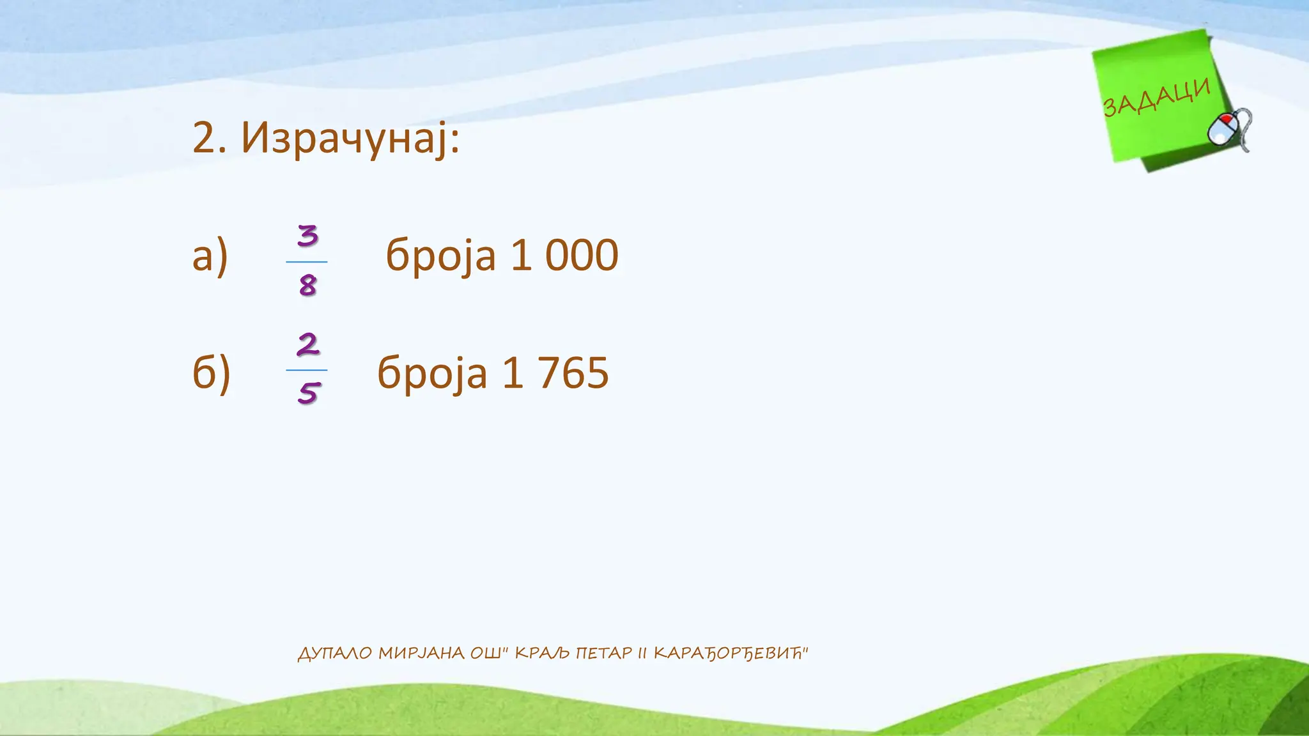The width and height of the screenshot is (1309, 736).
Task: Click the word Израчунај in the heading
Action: click(x=350, y=138)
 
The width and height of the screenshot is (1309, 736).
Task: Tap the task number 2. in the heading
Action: click(x=209, y=138)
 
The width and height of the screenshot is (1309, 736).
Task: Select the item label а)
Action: click(x=210, y=256)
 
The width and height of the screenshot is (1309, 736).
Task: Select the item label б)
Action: click(x=211, y=373)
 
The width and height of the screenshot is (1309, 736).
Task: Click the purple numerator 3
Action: click(x=307, y=236)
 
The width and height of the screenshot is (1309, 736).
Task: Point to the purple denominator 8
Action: click(x=307, y=285)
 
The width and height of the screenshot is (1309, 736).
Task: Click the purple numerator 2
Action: click(x=307, y=344)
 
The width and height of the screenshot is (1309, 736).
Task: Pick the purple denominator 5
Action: click(x=307, y=393)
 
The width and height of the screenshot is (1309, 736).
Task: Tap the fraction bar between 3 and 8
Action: click(x=307, y=262)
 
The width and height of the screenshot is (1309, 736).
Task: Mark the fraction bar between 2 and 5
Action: click(x=307, y=370)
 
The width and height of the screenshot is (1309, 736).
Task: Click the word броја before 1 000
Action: click(x=440, y=256)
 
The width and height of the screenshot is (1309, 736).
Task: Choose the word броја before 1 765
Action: click(x=432, y=373)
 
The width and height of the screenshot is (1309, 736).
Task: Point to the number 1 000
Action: click(x=564, y=256)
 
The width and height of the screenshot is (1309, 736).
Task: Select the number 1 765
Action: click(x=555, y=373)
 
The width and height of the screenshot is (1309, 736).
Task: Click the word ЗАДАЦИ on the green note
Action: click(x=1157, y=98)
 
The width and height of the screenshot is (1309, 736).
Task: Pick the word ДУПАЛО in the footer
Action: click(x=335, y=653)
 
